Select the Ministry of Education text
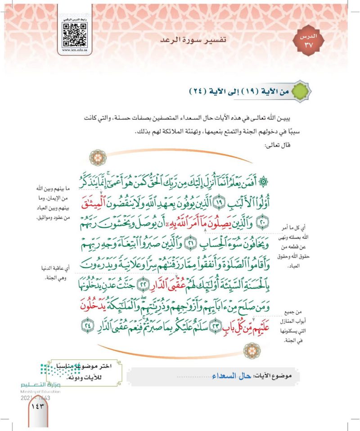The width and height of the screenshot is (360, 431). point(40,391)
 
